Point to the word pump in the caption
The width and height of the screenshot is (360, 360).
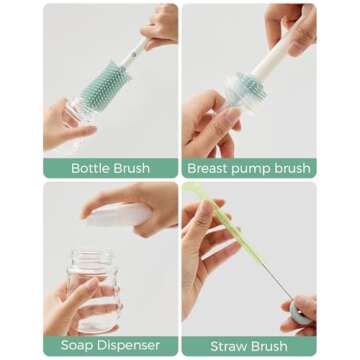tap(258, 168)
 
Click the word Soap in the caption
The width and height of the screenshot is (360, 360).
tap(79, 345)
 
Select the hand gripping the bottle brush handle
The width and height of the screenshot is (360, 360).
tap(160, 30)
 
